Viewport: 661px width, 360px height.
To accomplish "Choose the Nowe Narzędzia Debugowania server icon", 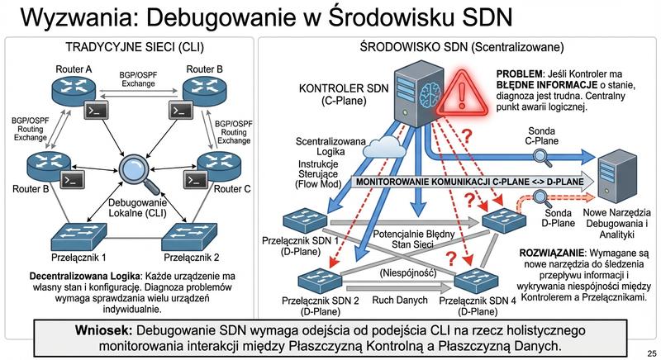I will (618, 176).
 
